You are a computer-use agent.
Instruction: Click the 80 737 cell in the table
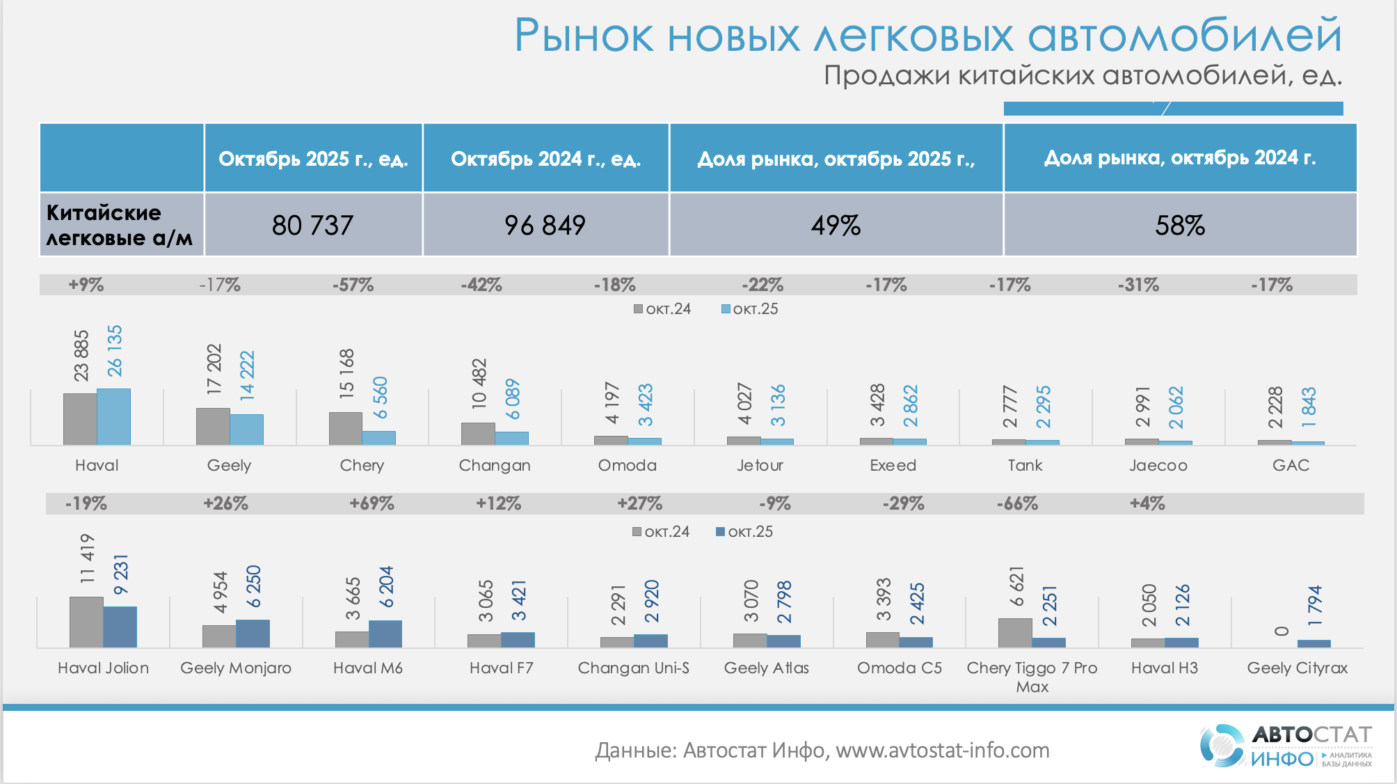[313, 225]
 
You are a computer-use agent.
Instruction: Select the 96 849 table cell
[545, 225]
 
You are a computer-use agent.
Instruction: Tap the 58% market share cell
[1180, 225]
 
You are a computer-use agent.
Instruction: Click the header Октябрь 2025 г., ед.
[313, 159]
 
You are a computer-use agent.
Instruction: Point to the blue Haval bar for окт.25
[113, 416]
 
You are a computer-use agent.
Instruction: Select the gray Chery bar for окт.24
[345, 428]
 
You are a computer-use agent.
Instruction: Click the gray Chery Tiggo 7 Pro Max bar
[1015, 632]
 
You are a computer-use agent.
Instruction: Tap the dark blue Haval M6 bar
[385, 634]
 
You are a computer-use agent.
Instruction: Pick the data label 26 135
[114, 350]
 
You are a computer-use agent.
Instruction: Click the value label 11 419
[87, 558]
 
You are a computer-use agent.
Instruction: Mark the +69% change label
[372, 503]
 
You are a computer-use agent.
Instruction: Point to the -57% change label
[353, 285]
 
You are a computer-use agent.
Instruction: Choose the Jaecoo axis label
[1158, 465]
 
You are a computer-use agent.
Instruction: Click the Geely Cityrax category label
[1297, 668]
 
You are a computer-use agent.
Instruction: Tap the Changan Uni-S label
[633, 668]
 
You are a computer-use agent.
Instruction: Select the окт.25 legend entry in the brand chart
[749, 309]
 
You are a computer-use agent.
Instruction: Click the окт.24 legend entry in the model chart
[661, 532]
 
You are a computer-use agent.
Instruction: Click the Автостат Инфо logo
[1286, 746]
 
